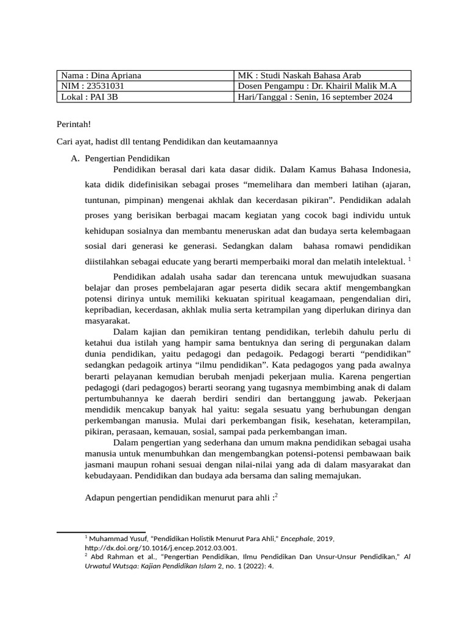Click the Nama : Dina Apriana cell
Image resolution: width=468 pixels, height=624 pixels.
(x=101, y=76)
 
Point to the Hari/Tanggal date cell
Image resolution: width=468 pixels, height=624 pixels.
(x=316, y=97)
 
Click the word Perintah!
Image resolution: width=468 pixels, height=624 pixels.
(x=73, y=124)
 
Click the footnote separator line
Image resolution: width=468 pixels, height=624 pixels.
(x=101, y=532)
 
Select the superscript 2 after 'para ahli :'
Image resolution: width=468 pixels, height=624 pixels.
(x=276, y=495)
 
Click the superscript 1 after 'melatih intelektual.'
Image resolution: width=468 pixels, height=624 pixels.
(x=410, y=259)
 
